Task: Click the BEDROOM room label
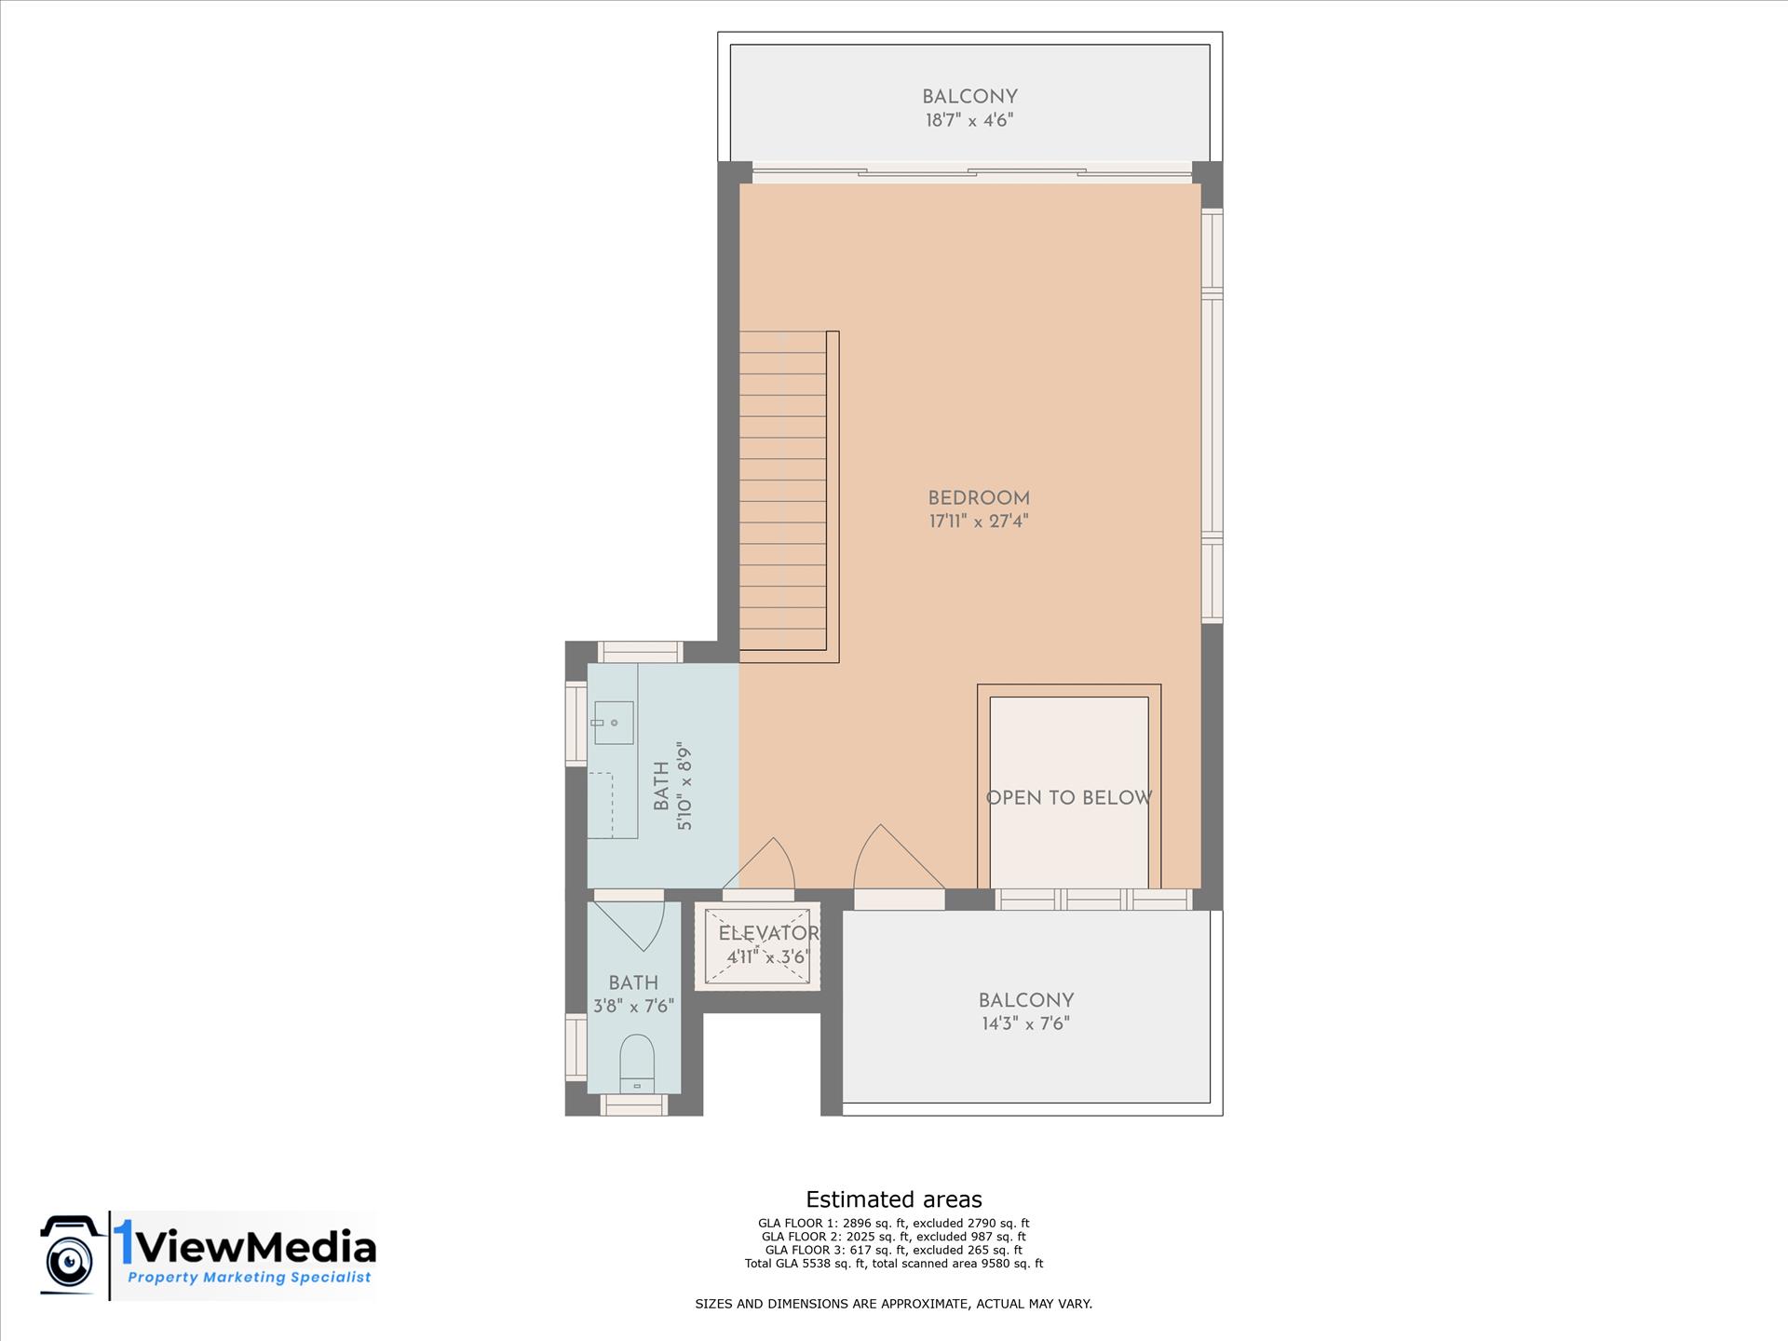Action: pos(979,498)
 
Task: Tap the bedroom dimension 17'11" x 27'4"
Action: pos(979,521)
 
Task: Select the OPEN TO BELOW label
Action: pos(1069,798)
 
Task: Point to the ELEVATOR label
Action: pos(768,933)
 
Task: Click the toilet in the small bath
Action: pos(637,1063)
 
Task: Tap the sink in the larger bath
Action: pos(614,723)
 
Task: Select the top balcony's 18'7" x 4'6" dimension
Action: pos(969,120)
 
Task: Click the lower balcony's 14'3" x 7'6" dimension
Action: pos(1025,1024)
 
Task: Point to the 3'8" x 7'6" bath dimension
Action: pos(633,1007)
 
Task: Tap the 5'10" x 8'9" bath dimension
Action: pos(685,786)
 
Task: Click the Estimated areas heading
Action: pos(894,1199)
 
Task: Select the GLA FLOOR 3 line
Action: pos(894,1251)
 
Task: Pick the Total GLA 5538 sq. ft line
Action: pos(894,1264)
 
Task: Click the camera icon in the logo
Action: pos(71,1254)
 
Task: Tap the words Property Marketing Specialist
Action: pos(250,1278)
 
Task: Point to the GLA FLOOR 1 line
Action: pos(894,1224)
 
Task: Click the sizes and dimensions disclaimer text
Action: pos(894,1304)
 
